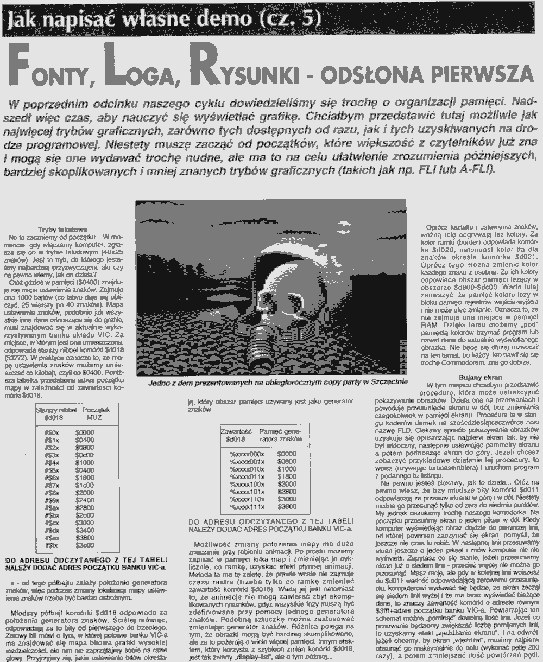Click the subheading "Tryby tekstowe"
[63, 230]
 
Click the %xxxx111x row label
[247, 506]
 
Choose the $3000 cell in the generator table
[286, 499]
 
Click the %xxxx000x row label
[247, 453]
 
